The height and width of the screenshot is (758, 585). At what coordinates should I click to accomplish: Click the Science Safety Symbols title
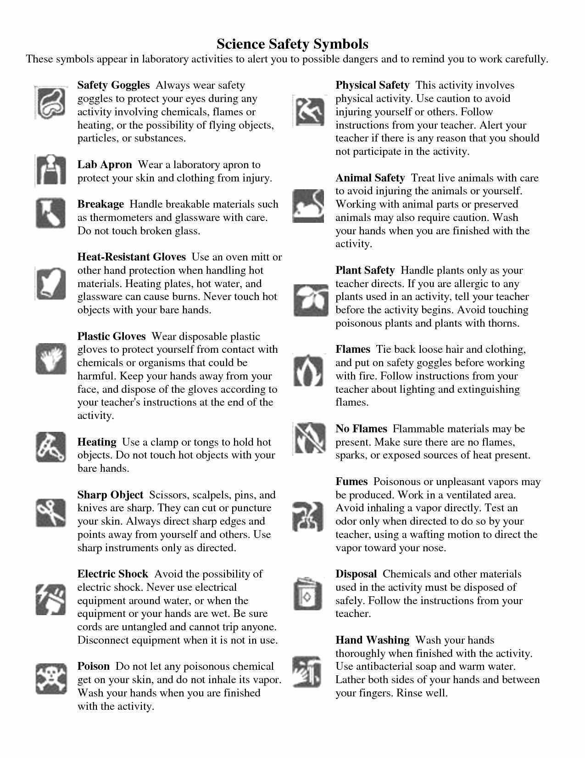click(292, 44)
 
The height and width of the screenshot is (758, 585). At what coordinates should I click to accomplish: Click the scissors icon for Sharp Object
click(50, 512)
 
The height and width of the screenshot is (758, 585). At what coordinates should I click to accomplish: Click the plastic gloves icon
click(50, 359)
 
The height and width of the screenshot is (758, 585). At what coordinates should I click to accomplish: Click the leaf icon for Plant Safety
click(311, 300)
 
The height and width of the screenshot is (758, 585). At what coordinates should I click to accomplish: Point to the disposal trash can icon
click(307, 594)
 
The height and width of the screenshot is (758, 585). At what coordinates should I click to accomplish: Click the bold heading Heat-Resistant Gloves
click(131, 257)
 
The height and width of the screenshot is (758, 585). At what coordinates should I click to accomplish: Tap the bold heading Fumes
click(351, 481)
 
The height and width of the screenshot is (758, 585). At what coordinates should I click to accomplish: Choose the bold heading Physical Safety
click(372, 85)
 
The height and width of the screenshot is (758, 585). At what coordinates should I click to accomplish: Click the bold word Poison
click(93, 666)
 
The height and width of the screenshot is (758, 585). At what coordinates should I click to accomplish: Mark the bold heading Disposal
click(356, 574)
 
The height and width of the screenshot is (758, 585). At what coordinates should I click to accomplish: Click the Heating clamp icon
click(50, 447)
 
